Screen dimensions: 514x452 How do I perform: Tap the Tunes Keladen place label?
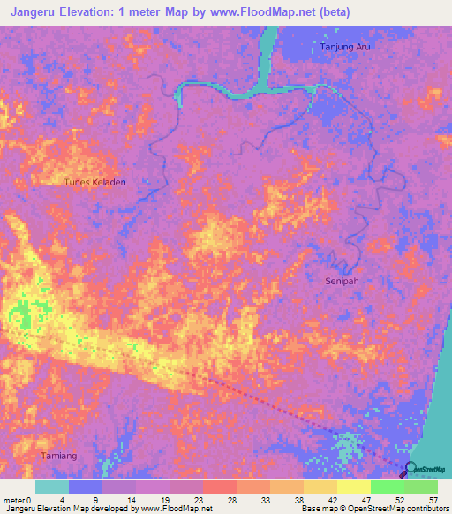pyautogui.click(x=95, y=183)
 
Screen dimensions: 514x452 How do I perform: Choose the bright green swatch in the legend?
pyautogui.click(x=387, y=487)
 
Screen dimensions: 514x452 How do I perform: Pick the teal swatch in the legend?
pyautogui.click(x=52, y=487)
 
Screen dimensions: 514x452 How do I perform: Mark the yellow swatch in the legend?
pyautogui.click(x=353, y=487)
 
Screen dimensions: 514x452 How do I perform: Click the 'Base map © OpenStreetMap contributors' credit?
pyautogui.click(x=374, y=509)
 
